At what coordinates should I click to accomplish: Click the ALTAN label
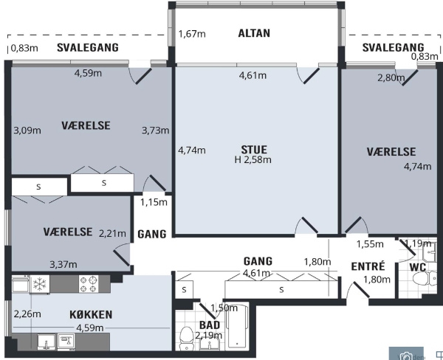tap(254, 33)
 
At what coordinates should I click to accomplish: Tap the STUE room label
tap(254, 149)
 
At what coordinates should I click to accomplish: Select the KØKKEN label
tap(91, 314)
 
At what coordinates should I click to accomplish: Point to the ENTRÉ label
tap(368, 266)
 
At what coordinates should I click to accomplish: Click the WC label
tap(418, 267)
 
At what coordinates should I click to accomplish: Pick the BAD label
tap(210, 325)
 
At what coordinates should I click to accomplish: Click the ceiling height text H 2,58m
tap(253, 160)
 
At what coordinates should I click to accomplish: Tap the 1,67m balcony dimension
tap(192, 34)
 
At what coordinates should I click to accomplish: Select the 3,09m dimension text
tap(27, 130)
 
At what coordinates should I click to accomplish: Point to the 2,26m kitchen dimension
tap(27, 314)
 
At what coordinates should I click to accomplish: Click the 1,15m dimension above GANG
tap(154, 202)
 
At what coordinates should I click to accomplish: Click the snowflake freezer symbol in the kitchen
tap(40, 284)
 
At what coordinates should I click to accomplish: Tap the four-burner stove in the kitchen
tap(89, 284)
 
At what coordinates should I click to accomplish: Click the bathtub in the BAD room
tap(237, 326)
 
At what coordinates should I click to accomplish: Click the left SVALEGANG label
tap(88, 47)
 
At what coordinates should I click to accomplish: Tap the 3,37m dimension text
tap(63, 264)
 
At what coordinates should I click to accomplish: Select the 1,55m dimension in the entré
tap(370, 244)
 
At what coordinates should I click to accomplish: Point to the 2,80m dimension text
tap(391, 77)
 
